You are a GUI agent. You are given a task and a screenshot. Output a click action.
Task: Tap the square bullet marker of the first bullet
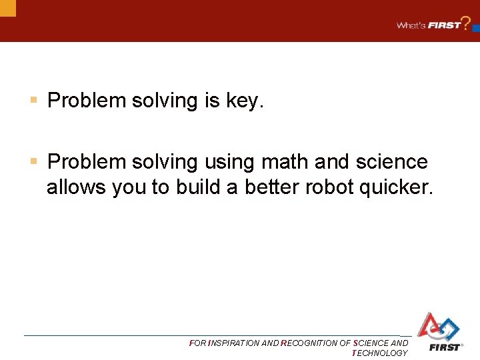(x=33, y=101)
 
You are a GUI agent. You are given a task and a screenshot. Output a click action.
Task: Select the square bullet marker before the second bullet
(x=33, y=161)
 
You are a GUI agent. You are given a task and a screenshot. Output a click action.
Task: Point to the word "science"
(x=391, y=162)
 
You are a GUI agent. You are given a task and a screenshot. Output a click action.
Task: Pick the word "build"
(x=198, y=188)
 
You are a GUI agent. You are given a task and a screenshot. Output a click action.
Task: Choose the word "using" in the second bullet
(x=230, y=162)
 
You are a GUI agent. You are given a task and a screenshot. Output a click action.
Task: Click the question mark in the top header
(x=466, y=23)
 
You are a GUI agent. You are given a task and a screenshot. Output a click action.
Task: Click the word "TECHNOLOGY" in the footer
(x=379, y=353)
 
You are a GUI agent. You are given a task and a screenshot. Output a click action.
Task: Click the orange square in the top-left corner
(x=7, y=7)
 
